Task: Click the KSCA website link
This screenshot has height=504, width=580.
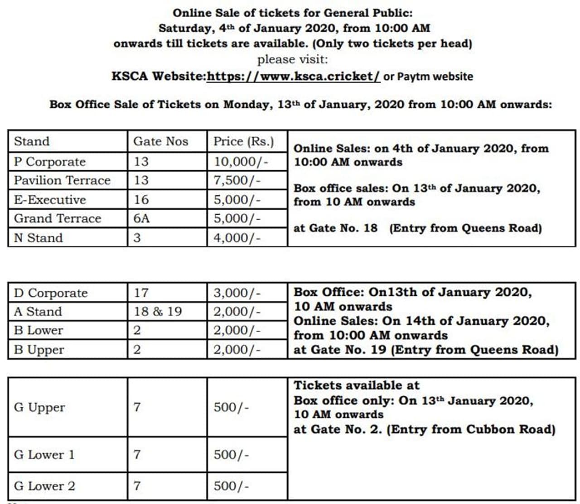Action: (293, 76)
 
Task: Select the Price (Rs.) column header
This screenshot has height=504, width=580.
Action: (244, 141)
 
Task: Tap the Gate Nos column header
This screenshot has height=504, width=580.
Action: (160, 141)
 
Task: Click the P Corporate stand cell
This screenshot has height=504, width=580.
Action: (49, 162)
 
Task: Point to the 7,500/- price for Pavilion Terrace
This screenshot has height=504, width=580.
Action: (237, 180)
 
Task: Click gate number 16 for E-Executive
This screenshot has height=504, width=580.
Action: (141, 199)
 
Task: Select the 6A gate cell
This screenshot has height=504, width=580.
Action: (141, 218)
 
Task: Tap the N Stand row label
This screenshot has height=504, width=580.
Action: (38, 237)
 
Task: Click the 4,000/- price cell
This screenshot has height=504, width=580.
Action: (237, 237)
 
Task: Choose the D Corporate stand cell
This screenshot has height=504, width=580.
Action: (51, 293)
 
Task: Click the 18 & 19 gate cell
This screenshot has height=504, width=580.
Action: (158, 311)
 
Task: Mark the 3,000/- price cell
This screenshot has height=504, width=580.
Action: (237, 293)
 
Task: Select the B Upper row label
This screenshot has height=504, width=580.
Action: (39, 349)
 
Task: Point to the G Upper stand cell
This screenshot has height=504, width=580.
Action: (39, 407)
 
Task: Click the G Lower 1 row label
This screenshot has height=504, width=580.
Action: (44, 455)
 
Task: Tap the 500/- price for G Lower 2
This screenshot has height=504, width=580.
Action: (231, 486)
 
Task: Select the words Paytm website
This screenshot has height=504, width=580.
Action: (435, 76)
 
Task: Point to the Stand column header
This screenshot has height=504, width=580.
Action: (32, 141)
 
